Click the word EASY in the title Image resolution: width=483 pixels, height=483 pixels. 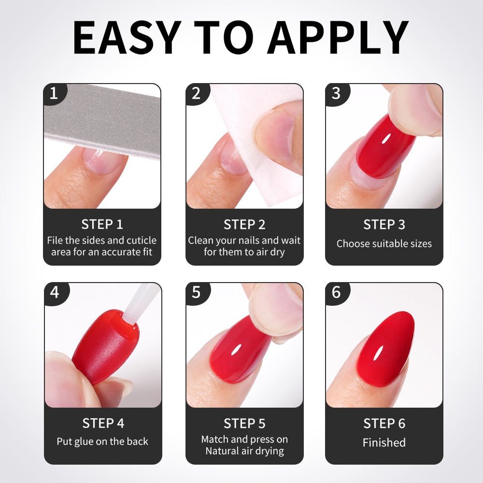[127, 38]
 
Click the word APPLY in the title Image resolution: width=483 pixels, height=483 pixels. [338, 38]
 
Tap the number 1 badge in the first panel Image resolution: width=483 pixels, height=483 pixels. [55, 93]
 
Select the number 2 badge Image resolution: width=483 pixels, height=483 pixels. [197, 93]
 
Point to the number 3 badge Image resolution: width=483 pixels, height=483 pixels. [336, 93]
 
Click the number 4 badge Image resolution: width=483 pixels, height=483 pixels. [56, 292]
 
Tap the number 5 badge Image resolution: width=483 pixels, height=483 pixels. [197, 292]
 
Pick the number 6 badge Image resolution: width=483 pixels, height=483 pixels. [337, 292]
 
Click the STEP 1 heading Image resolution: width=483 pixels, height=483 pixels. [102, 224]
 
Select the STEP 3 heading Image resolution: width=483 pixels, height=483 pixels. [384, 225]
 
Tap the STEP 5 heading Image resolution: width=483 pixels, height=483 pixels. [244, 424]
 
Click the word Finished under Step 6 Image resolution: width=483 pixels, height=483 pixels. [384, 442]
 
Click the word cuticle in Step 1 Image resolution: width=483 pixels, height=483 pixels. [142, 240]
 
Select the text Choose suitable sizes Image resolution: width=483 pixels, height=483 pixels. [384, 243]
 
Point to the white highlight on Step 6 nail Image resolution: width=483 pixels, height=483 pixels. [378, 354]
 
